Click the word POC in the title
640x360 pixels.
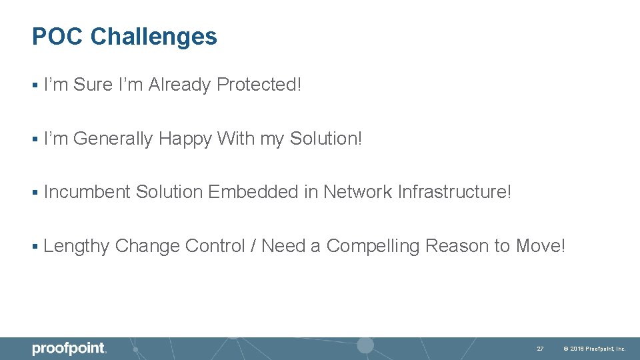point(58,37)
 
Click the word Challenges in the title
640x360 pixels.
point(153,37)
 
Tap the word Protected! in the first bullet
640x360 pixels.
point(259,85)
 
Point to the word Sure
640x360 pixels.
point(93,85)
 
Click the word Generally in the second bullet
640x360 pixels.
point(113,139)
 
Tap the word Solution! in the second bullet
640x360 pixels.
point(326,139)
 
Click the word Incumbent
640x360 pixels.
point(87,193)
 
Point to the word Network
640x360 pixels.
point(357,193)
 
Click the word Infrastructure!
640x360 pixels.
point(455,193)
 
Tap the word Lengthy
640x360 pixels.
point(76,247)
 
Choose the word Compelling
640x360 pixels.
point(373,247)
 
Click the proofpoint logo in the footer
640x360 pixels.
point(69,349)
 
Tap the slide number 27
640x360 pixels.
point(541,349)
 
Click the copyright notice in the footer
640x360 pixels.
point(595,349)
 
